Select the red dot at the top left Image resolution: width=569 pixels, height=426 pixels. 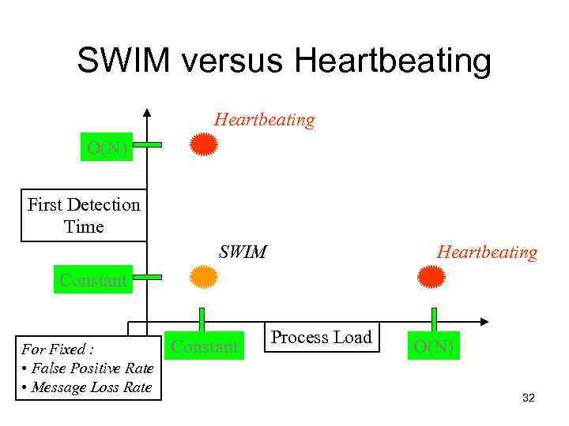[x=205, y=145]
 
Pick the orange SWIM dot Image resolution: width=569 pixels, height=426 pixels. [x=204, y=277]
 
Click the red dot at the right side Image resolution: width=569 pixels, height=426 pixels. [x=431, y=277]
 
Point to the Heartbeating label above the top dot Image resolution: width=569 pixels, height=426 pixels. [x=264, y=120]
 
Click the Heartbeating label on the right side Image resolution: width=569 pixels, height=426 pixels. [x=487, y=252]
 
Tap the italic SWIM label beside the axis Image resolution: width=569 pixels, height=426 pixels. [x=243, y=252]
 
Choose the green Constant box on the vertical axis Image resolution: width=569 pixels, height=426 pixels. [x=93, y=280]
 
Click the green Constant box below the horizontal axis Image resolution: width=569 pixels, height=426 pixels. [x=204, y=346]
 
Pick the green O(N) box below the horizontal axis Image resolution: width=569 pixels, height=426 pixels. [x=433, y=346]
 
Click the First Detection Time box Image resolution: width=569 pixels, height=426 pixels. [x=83, y=215]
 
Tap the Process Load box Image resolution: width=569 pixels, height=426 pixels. [x=321, y=338]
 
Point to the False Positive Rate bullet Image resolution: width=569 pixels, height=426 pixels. [x=87, y=368]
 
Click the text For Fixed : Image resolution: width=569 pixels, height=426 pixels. [x=58, y=348]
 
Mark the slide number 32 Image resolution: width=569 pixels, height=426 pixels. [x=529, y=398]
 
